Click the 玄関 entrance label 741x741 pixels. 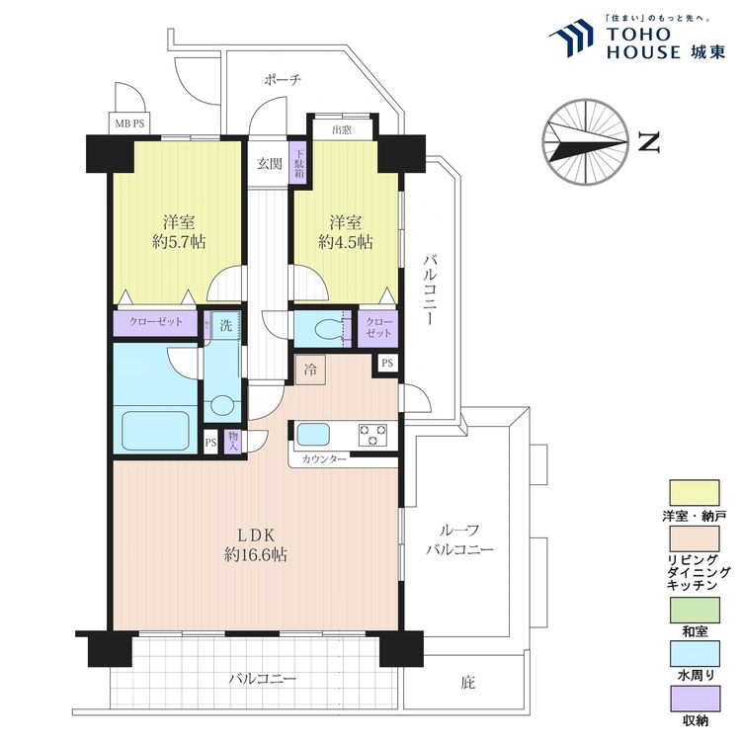pos(270,164)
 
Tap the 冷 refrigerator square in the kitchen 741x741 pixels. pos(310,370)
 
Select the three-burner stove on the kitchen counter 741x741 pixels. pos(372,435)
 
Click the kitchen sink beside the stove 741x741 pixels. pos(313,434)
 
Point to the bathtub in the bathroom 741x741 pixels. pos(156,431)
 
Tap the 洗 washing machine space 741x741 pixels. pos(225,326)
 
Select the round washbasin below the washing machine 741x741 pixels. pos(222,405)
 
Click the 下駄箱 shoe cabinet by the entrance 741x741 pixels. pos(299,163)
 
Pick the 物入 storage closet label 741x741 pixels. pos(232,441)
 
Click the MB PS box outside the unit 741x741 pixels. pos(130,124)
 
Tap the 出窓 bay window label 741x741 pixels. pos(342,129)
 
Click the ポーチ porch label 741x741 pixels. pos(283,80)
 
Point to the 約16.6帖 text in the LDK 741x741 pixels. pos(256,554)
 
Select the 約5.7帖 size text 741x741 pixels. pos(179,242)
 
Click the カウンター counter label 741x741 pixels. pos(324,458)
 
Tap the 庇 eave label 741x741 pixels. pos(468,683)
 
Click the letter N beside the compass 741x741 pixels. pos(649,142)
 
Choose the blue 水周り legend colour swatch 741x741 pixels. pos(695,653)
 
